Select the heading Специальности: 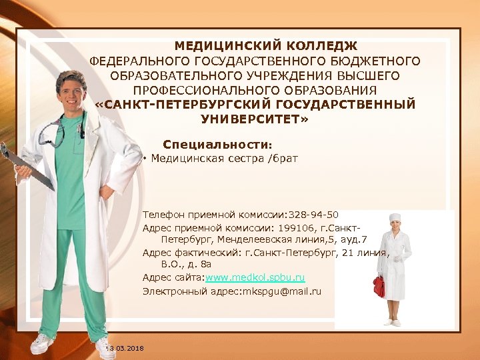coord(218,144)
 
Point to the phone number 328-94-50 coord(314,215)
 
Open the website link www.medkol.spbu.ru coord(255,277)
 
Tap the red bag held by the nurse coord(379,286)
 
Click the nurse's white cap coord(395,217)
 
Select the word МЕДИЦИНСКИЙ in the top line coord(220,46)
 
